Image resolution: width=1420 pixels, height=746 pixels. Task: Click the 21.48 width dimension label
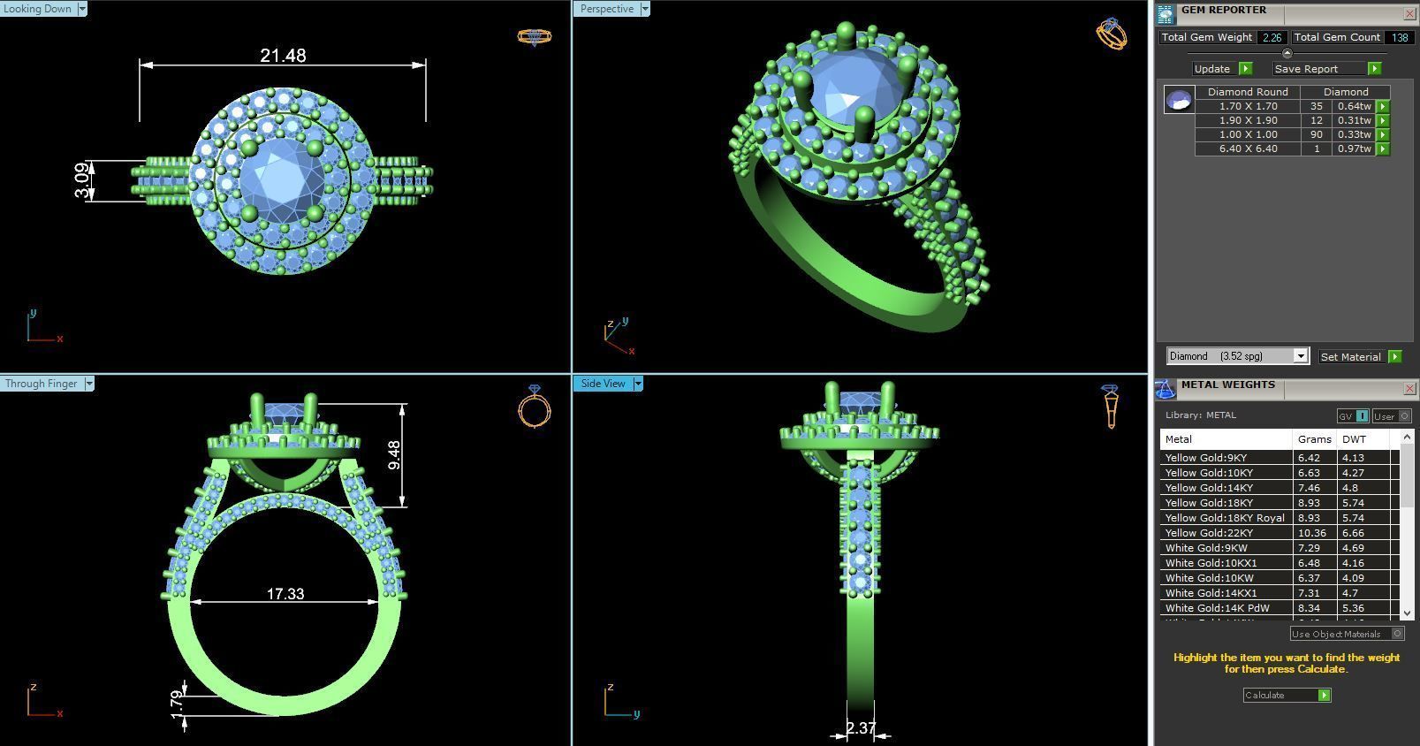click(x=283, y=56)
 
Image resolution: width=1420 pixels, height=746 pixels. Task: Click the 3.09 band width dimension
click(x=83, y=180)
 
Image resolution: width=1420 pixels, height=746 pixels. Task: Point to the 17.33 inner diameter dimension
click(x=285, y=594)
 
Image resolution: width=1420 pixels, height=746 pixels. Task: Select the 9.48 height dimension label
click(x=394, y=455)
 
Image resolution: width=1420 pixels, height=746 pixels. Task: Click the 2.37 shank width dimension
click(x=860, y=728)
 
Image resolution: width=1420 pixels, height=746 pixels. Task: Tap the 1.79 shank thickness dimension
click(x=177, y=704)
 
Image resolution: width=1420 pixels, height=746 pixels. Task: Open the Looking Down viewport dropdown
click(x=82, y=9)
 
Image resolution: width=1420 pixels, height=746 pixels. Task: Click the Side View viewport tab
click(x=603, y=384)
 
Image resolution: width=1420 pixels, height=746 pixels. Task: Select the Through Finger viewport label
click(x=41, y=384)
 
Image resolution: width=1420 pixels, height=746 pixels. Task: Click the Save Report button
click(x=1306, y=69)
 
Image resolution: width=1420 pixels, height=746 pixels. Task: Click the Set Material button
click(x=1350, y=357)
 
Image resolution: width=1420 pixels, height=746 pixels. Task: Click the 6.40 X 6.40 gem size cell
click(x=1248, y=148)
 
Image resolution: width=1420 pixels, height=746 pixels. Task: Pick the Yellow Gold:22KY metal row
click(x=1208, y=533)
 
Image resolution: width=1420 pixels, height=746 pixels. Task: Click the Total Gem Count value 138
click(x=1399, y=37)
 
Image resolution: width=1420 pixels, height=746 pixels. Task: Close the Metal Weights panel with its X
click(x=1409, y=389)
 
